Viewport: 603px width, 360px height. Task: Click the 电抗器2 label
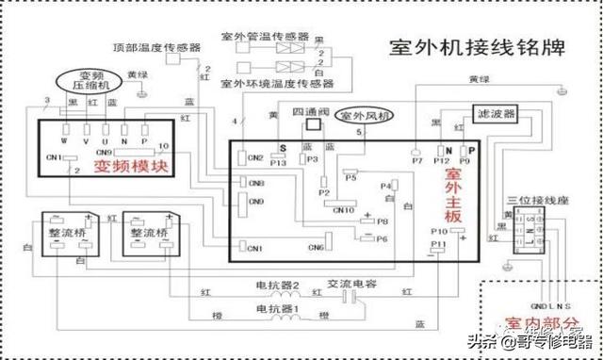(277, 284)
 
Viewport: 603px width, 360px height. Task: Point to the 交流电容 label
(348, 283)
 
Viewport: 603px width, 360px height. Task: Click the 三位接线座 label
(532, 201)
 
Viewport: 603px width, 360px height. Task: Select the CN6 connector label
(315, 247)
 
